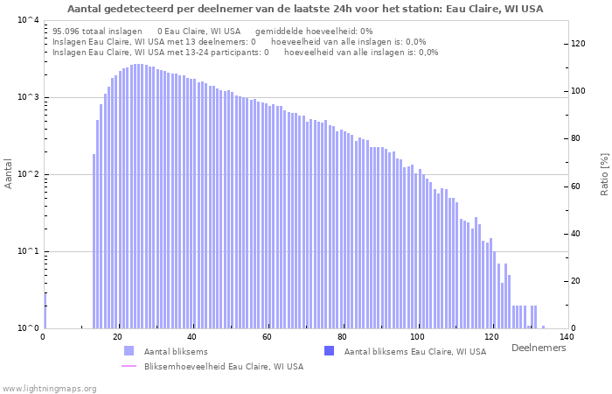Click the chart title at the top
click(305, 9)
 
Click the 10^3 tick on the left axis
click(29, 97)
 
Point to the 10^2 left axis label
click(29, 174)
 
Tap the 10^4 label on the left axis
click(29, 20)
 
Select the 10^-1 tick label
click(29, 251)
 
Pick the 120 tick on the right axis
click(578, 44)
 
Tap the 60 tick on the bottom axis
click(267, 337)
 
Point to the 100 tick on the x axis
click(417, 337)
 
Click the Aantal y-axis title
click(8, 173)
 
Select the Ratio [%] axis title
click(604, 174)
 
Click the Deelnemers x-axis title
click(539, 348)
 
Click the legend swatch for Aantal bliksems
click(129, 351)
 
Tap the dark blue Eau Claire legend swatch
click(329, 351)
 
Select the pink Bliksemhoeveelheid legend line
click(129, 366)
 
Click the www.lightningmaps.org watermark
click(48, 389)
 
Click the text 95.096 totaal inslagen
click(97, 32)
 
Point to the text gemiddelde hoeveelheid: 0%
click(314, 32)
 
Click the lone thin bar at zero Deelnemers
click(45, 311)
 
